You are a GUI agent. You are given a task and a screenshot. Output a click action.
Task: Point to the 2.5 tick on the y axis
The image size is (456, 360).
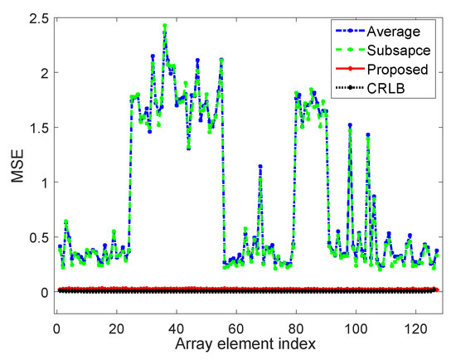39,17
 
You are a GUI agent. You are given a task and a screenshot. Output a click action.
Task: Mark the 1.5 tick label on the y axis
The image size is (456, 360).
39,127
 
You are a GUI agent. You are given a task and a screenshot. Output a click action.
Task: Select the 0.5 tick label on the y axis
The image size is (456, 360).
39,236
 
